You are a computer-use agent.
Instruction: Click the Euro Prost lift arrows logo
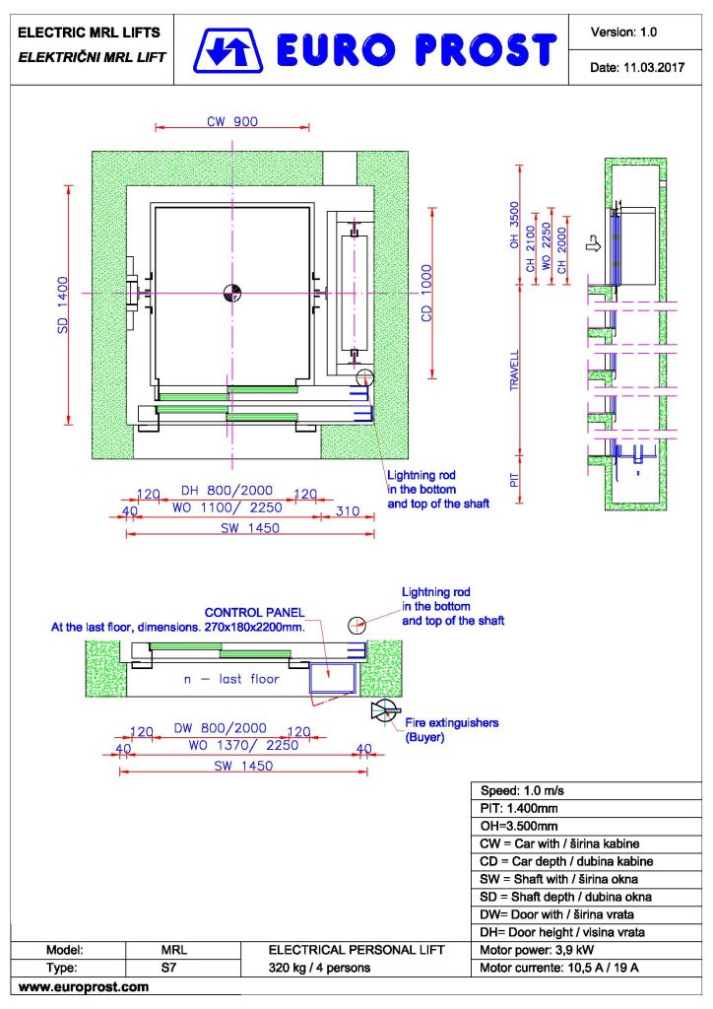(228, 50)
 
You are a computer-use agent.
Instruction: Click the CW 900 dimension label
(232, 121)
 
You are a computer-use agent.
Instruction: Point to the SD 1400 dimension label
(63, 304)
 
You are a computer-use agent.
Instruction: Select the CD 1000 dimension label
(426, 293)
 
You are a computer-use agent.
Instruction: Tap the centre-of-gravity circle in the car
(232, 293)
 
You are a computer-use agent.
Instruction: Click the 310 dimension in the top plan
(348, 511)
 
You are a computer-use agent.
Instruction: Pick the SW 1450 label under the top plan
(250, 528)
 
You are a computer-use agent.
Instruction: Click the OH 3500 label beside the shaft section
(514, 226)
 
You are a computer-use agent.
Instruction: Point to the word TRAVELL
(514, 370)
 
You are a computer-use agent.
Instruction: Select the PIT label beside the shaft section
(514, 480)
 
